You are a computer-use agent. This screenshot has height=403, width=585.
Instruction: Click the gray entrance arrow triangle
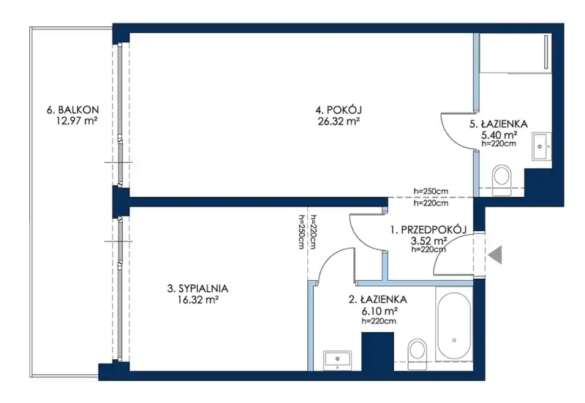(497, 255)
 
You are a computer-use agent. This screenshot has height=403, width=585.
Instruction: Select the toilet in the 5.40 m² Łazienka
(501, 180)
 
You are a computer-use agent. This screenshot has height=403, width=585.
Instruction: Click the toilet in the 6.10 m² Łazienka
(417, 354)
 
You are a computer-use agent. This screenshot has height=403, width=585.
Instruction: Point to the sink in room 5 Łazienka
(541, 146)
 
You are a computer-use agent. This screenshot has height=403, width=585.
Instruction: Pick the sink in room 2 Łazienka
(337, 360)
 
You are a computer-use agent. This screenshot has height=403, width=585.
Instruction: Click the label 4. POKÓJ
(339, 110)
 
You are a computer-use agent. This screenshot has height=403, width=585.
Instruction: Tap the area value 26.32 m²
(339, 121)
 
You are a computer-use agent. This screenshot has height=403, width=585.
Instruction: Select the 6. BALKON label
(72, 110)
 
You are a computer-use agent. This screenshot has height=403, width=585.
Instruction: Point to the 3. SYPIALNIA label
(197, 288)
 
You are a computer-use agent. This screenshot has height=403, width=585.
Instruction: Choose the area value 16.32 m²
(198, 299)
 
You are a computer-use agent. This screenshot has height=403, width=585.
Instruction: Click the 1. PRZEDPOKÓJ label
(429, 230)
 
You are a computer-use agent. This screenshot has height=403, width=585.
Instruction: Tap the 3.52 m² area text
(429, 241)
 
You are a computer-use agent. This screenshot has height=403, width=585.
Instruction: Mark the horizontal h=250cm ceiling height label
(431, 191)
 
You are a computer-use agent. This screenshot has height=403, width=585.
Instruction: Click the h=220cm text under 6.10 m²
(379, 321)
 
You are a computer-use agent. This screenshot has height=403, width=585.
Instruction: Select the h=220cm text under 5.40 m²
(499, 143)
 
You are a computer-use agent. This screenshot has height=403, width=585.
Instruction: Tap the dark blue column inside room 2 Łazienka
(377, 352)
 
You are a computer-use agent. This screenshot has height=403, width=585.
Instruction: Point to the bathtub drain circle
(454, 340)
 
